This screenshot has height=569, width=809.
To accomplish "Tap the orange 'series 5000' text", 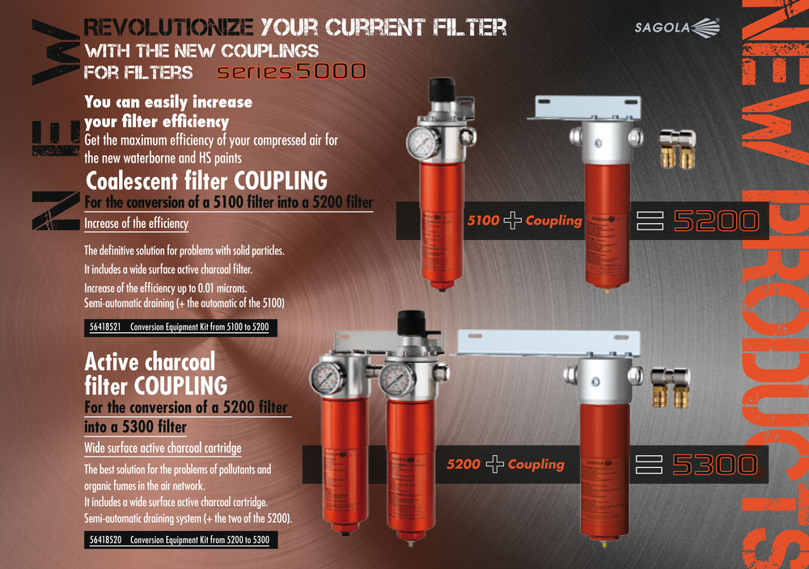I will (x=291, y=71).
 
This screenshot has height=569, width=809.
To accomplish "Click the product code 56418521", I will (x=103, y=328).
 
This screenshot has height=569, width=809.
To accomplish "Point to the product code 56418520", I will (x=103, y=539).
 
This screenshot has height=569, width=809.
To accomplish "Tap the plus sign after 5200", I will (x=494, y=465).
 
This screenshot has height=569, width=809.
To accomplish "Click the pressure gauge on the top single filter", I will (x=422, y=141).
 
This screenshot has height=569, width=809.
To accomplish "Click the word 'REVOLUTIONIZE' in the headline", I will (x=169, y=28).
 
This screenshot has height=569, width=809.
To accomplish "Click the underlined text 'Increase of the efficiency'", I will (x=136, y=223).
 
